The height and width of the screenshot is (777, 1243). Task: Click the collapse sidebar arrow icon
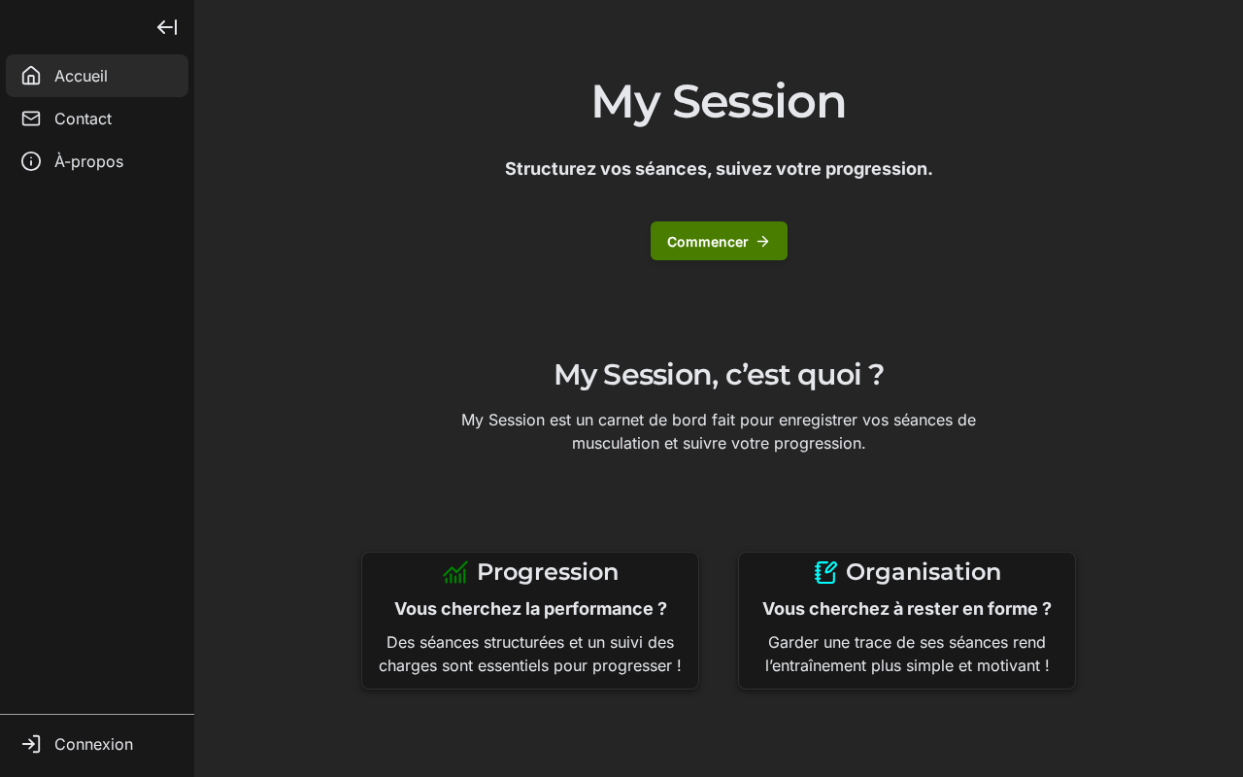(x=167, y=27)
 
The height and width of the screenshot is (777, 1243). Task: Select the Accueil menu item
(x=97, y=76)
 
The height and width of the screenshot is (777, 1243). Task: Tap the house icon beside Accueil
(x=31, y=76)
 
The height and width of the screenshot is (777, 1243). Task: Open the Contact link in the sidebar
(x=83, y=118)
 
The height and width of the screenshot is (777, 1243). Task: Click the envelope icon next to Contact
(x=31, y=118)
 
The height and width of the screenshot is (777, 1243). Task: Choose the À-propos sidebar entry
(x=88, y=161)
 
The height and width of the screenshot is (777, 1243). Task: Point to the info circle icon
(x=31, y=161)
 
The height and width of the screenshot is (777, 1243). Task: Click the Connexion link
(x=93, y=744)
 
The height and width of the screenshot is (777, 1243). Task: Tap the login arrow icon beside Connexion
(x=31, y=744)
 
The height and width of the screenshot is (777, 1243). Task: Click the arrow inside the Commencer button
(x=763, y=242)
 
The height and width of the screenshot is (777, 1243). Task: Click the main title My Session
(x=719, y=103)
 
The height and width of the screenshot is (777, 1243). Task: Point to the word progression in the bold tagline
(x=879, y=169)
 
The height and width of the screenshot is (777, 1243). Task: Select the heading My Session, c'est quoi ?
(x=719, y=375)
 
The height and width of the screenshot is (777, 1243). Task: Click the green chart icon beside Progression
(x=455, y=572)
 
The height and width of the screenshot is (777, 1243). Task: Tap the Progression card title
(x=548, y=572)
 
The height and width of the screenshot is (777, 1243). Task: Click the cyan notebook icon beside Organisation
(x=825, y=572)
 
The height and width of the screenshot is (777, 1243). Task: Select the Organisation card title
(x=924, y=572)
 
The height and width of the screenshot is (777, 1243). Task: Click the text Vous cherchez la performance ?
(x=530, y=609)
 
